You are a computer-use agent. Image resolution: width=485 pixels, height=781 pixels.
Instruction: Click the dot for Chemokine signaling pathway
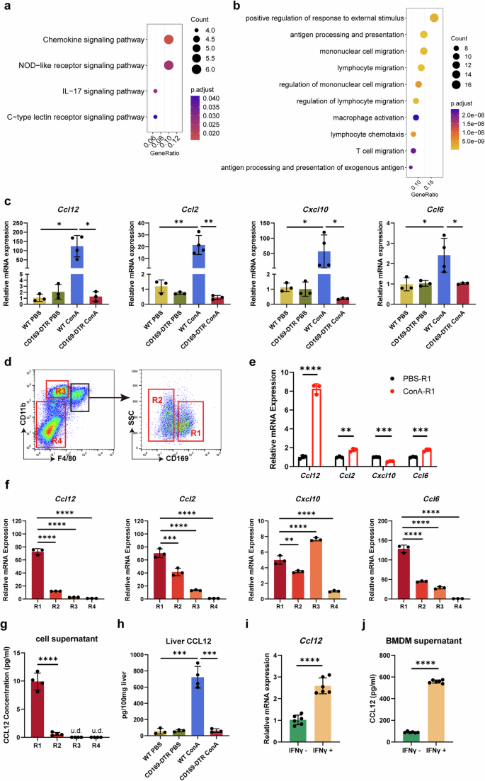pos(169,40)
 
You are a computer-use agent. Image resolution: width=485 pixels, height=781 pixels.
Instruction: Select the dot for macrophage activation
pos(417,117)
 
